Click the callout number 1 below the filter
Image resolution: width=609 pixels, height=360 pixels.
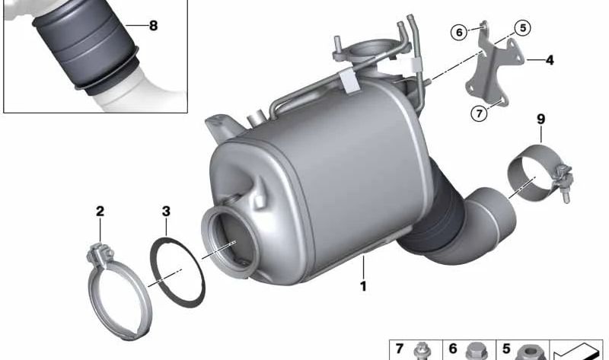(x=364, y=286)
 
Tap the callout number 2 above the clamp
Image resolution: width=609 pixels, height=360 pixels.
(x=100, y=211)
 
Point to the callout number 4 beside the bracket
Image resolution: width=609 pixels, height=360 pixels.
(x=549, y=59)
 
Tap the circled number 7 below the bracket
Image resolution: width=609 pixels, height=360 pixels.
(x=478, y=113)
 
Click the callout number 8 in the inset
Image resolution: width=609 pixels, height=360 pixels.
(x=153, y=25)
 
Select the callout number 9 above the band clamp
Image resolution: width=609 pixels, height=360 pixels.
(x=540, y=119)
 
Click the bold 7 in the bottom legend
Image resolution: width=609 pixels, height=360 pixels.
(x=399, y=349)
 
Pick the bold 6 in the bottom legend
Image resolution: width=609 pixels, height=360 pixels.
(x=452, y=349)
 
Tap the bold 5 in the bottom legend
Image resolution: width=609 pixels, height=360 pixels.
(x=505, y=349)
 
